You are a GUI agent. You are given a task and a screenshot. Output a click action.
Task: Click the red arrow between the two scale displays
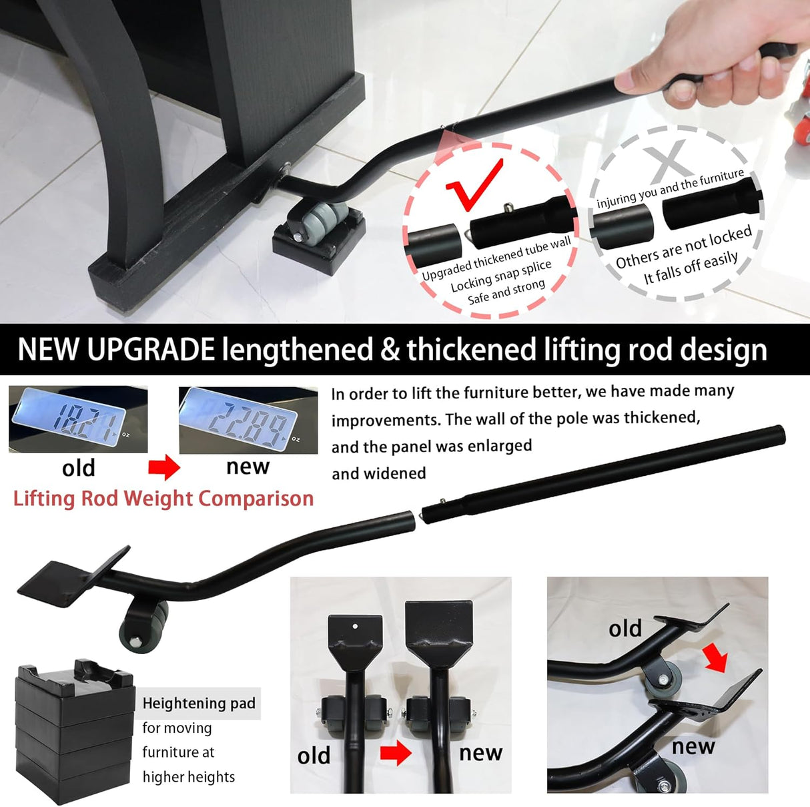(x=164, y=467)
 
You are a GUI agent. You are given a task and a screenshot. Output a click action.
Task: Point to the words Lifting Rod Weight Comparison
(x=163, y=499)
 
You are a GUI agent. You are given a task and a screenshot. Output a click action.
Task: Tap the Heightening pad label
(x=199, y=703)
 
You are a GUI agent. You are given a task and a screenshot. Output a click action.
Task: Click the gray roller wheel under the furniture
(x=320, y=222)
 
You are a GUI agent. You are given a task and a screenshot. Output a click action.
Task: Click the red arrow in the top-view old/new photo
(x=396, y=752)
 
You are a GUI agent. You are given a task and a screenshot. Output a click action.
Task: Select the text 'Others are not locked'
(x=684, y=247)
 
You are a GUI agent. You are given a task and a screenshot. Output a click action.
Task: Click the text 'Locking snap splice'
(x=501, y=276)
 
